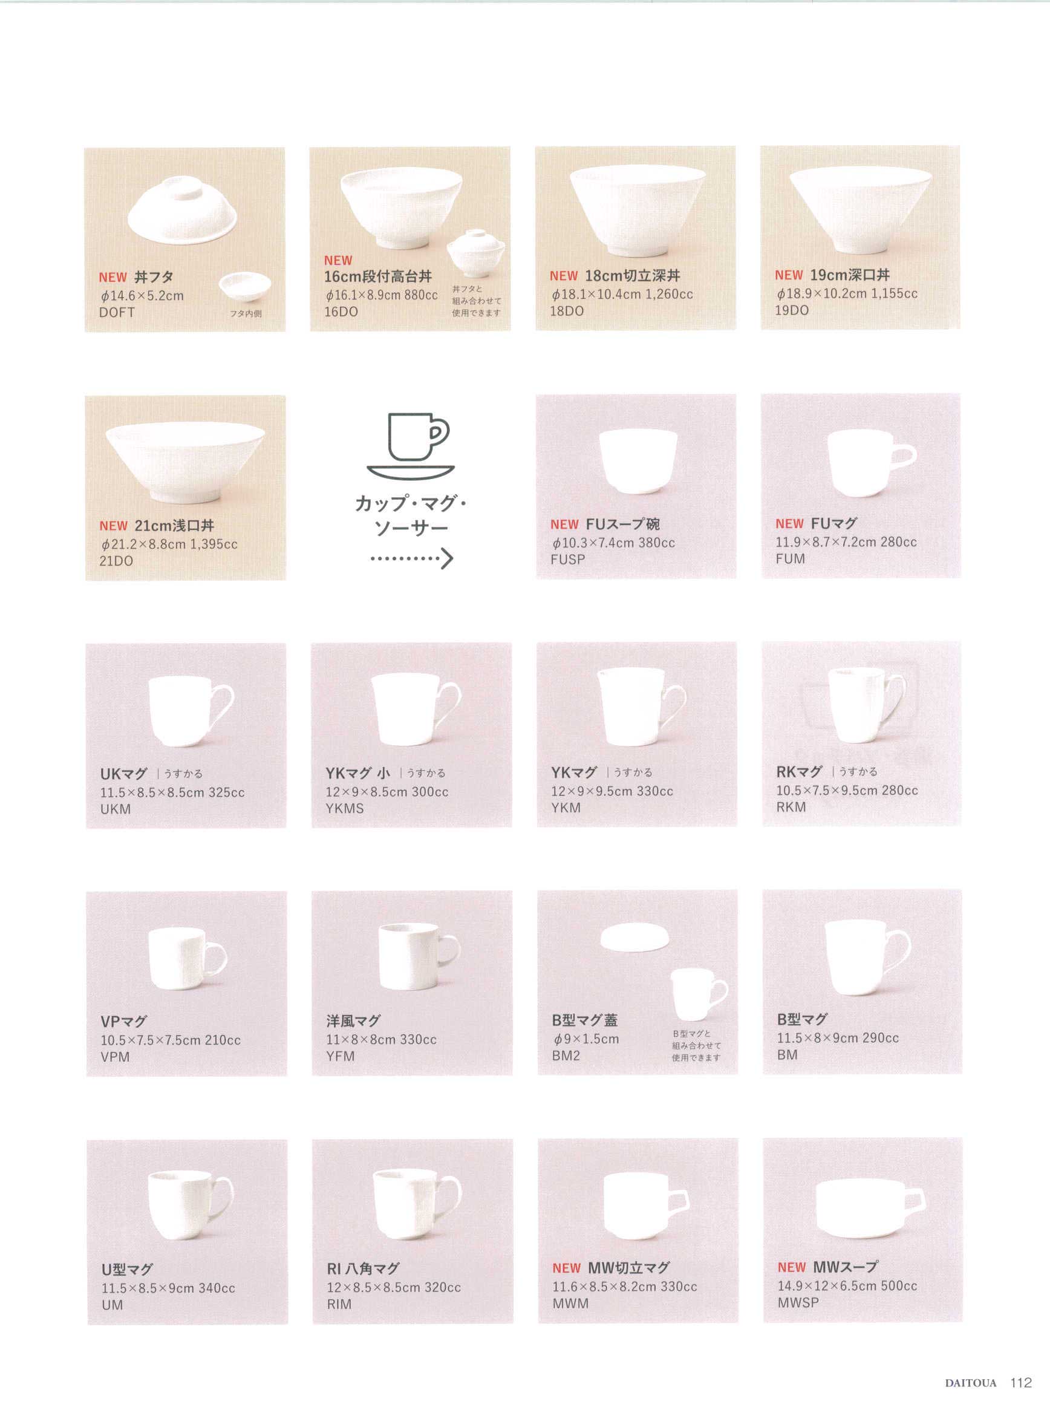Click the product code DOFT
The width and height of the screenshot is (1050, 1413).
pos(117,312)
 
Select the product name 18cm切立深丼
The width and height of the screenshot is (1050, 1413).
pos(633,276)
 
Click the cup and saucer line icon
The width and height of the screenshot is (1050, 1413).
pos(411,445)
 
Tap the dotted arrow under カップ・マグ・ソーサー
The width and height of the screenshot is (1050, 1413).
pos(411,559)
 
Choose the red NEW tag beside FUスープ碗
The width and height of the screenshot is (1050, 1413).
pos(564,524)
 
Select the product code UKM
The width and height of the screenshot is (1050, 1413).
pos(116,809)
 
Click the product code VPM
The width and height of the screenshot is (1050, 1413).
pos(115,1057)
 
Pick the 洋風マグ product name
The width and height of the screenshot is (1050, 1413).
pos(353,1021)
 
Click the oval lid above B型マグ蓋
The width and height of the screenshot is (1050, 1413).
pos(634,936)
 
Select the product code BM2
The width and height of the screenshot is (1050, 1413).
pos(566,1056)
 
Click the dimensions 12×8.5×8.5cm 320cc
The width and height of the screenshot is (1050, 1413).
pos(393,1287)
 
